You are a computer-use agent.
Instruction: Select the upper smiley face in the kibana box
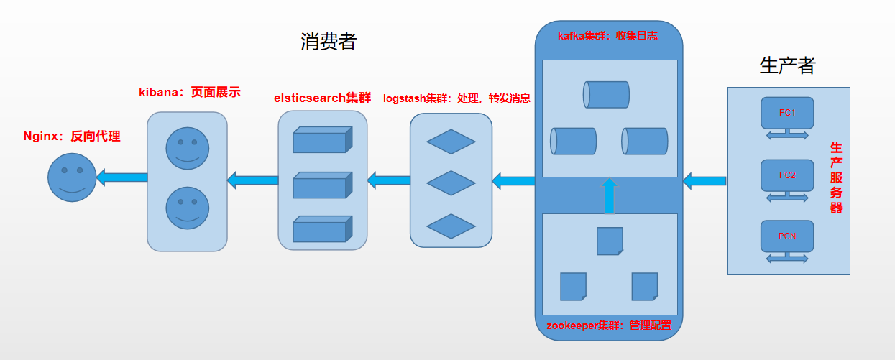coord(188,149)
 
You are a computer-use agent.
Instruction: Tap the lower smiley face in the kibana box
coord(188,208)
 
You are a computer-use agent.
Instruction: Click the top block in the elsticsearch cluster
coord(322,140)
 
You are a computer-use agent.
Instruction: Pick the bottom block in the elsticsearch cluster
coord(322,230)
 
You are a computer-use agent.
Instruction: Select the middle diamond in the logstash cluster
coord(451,183)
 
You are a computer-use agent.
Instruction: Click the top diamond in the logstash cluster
coord(451,142)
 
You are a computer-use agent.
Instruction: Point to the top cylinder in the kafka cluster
coord(606,94)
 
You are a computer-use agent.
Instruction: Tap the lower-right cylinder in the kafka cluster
coord(645,141)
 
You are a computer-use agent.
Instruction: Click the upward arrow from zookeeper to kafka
coord(610,196)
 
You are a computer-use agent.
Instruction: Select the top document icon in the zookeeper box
coord(610,241)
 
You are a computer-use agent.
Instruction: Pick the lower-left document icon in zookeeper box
coord(573,286)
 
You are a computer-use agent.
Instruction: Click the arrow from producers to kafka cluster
coord(704,180)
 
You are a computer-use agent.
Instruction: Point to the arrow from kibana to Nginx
coord(121,177)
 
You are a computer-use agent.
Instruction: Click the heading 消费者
coord(329,42)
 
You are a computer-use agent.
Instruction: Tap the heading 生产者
coord(787,65)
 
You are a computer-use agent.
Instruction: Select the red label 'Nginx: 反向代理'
coord(72,137)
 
